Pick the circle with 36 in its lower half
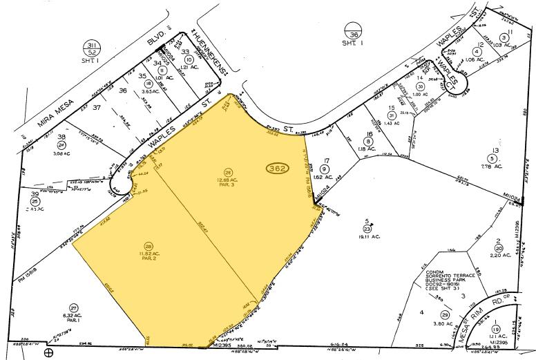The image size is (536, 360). coord(354,32)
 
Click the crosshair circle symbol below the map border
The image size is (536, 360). coord(48,352)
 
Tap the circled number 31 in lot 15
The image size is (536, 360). coord(392,116)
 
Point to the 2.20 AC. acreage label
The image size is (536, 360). coord(499,255)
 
